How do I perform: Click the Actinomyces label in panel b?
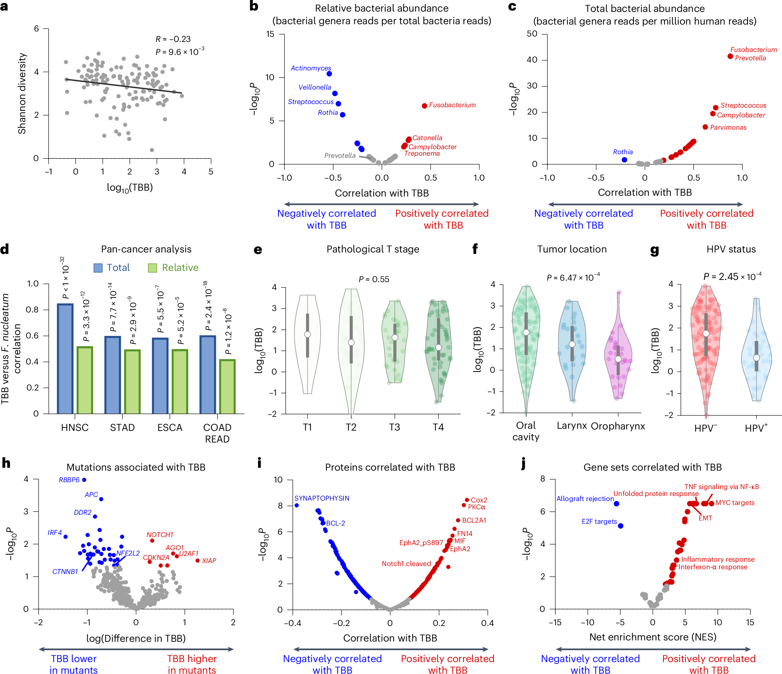tap(311, 68)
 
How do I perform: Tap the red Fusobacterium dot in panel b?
tap(424, 106)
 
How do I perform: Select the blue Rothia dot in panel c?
tap(624, 160)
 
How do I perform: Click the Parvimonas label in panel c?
tap(728, 127)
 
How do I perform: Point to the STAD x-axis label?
tap(122, 427)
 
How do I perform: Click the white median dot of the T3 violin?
tap(395, 337)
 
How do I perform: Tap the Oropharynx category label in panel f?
tap(618, 426)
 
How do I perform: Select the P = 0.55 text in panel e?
tap(373, 279)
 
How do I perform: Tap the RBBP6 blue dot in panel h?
tap(84, 480)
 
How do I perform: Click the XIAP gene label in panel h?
tap(209, 561)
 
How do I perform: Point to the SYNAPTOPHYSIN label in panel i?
tap(322, 498)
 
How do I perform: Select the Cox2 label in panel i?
tap(479, 500)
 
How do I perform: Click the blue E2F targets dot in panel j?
tap(620, 526)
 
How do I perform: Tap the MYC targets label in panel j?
tap(735, 503)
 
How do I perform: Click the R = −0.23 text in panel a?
tap(173, 39)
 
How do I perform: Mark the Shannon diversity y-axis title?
tap(22, 93)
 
